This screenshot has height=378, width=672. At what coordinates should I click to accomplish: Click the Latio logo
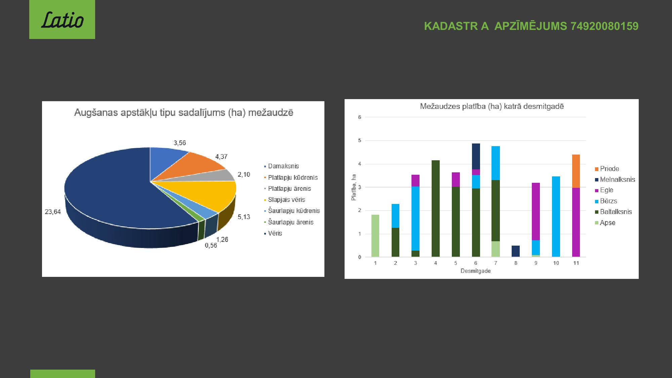coord(62,19)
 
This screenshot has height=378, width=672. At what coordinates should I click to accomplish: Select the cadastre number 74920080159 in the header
coord(604,26)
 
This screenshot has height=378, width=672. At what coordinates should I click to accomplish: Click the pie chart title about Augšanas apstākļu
coord(184,113)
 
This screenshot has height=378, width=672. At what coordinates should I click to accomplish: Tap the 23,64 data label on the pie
coord(53,212)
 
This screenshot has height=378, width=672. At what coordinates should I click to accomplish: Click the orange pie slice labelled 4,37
coord(195,166)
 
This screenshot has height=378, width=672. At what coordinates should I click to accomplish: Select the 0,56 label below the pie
coord(211,245)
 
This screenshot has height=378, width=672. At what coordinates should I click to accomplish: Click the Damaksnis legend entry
coord(281,166)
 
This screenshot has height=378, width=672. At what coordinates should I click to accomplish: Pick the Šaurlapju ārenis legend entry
coord(289,222)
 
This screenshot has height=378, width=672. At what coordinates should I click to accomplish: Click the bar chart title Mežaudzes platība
coord(492,107)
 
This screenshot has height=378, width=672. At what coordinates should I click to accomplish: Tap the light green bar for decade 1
coord(375,236)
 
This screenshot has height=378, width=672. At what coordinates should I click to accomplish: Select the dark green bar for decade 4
coord(435,209)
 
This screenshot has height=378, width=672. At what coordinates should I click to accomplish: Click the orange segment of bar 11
coord(576,171)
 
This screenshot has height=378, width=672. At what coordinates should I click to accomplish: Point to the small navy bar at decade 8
coord(516,251)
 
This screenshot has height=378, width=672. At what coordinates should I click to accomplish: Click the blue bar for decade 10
coord(556,217)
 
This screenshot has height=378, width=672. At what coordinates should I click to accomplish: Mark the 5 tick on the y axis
coord(360,140)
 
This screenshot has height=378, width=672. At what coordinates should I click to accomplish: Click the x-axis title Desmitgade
coord(475,271)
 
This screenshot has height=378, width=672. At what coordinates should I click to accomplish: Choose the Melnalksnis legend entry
coord(615,179)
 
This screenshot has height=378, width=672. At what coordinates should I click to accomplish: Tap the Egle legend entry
coord(604,190)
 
